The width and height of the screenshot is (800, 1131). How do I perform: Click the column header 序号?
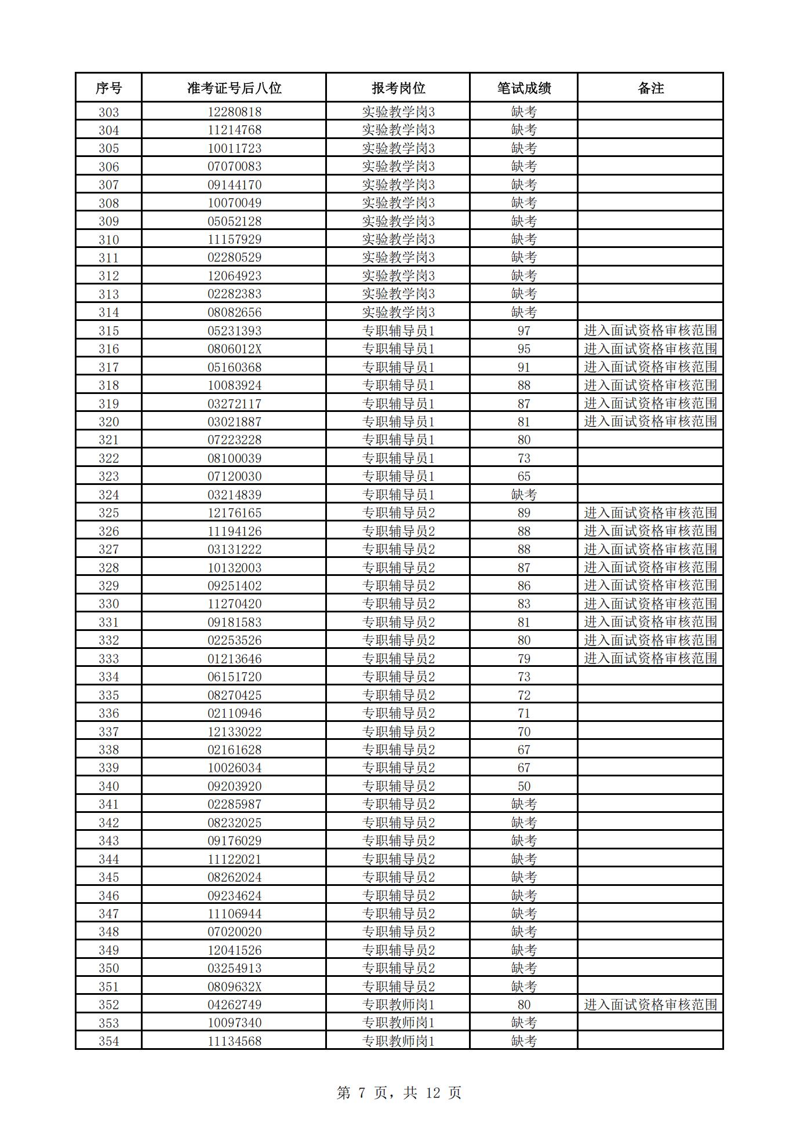(x=108, y=88)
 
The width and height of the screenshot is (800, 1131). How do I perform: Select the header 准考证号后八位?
(x=234, y=88)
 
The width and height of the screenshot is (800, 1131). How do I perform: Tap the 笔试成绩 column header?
(x=523, y=88)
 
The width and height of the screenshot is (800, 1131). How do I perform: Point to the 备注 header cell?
(x=650, y=88)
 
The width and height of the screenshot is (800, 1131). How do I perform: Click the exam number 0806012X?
(x=234, y=349)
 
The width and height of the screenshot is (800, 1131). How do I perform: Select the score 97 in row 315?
(x=523, y=331)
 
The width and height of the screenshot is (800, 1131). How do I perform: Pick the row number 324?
(x=108, y=495)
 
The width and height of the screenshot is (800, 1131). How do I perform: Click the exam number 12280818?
(x=234, y=112)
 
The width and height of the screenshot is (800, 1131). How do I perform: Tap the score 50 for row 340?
(x=523, y=786)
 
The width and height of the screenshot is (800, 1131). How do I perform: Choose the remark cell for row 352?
(x=650, y=1005)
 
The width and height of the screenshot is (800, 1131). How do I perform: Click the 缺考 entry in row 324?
(x=523, y=495)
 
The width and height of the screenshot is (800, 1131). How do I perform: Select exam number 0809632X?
(x=234, y=987)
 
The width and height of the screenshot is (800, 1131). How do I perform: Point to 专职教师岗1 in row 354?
(x=398, y=1041)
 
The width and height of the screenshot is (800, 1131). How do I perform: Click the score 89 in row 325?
(x=523, y=513)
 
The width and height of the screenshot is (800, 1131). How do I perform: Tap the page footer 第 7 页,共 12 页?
(x=399, y=1093)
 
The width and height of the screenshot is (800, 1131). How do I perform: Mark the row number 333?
(x=108, y=659)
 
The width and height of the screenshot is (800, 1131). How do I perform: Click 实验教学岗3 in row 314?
(x=398, y=312)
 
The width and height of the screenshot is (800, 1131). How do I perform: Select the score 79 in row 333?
(x=523, y=659)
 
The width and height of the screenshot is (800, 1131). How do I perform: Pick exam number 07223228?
(x=234, y=440)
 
